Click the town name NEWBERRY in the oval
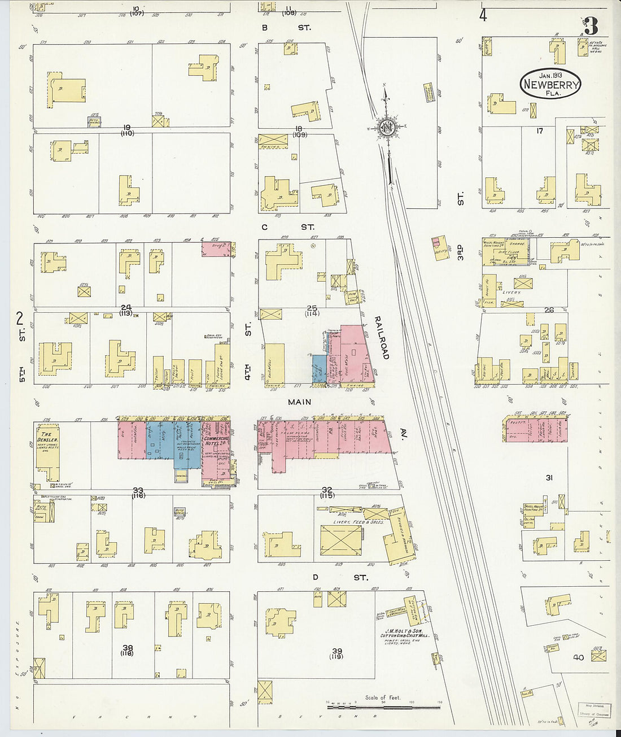[x=550, y=85]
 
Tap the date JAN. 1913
[x=550, y=75]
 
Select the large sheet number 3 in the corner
[x=591, y=26]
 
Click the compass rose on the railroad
[x=387, y=127]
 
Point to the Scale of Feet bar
[x=383, y=706]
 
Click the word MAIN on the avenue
[x=299, y=402]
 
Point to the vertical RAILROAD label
[x=382, y=338]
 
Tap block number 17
[x=539, y=131]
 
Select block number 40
[x=578, y=657]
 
